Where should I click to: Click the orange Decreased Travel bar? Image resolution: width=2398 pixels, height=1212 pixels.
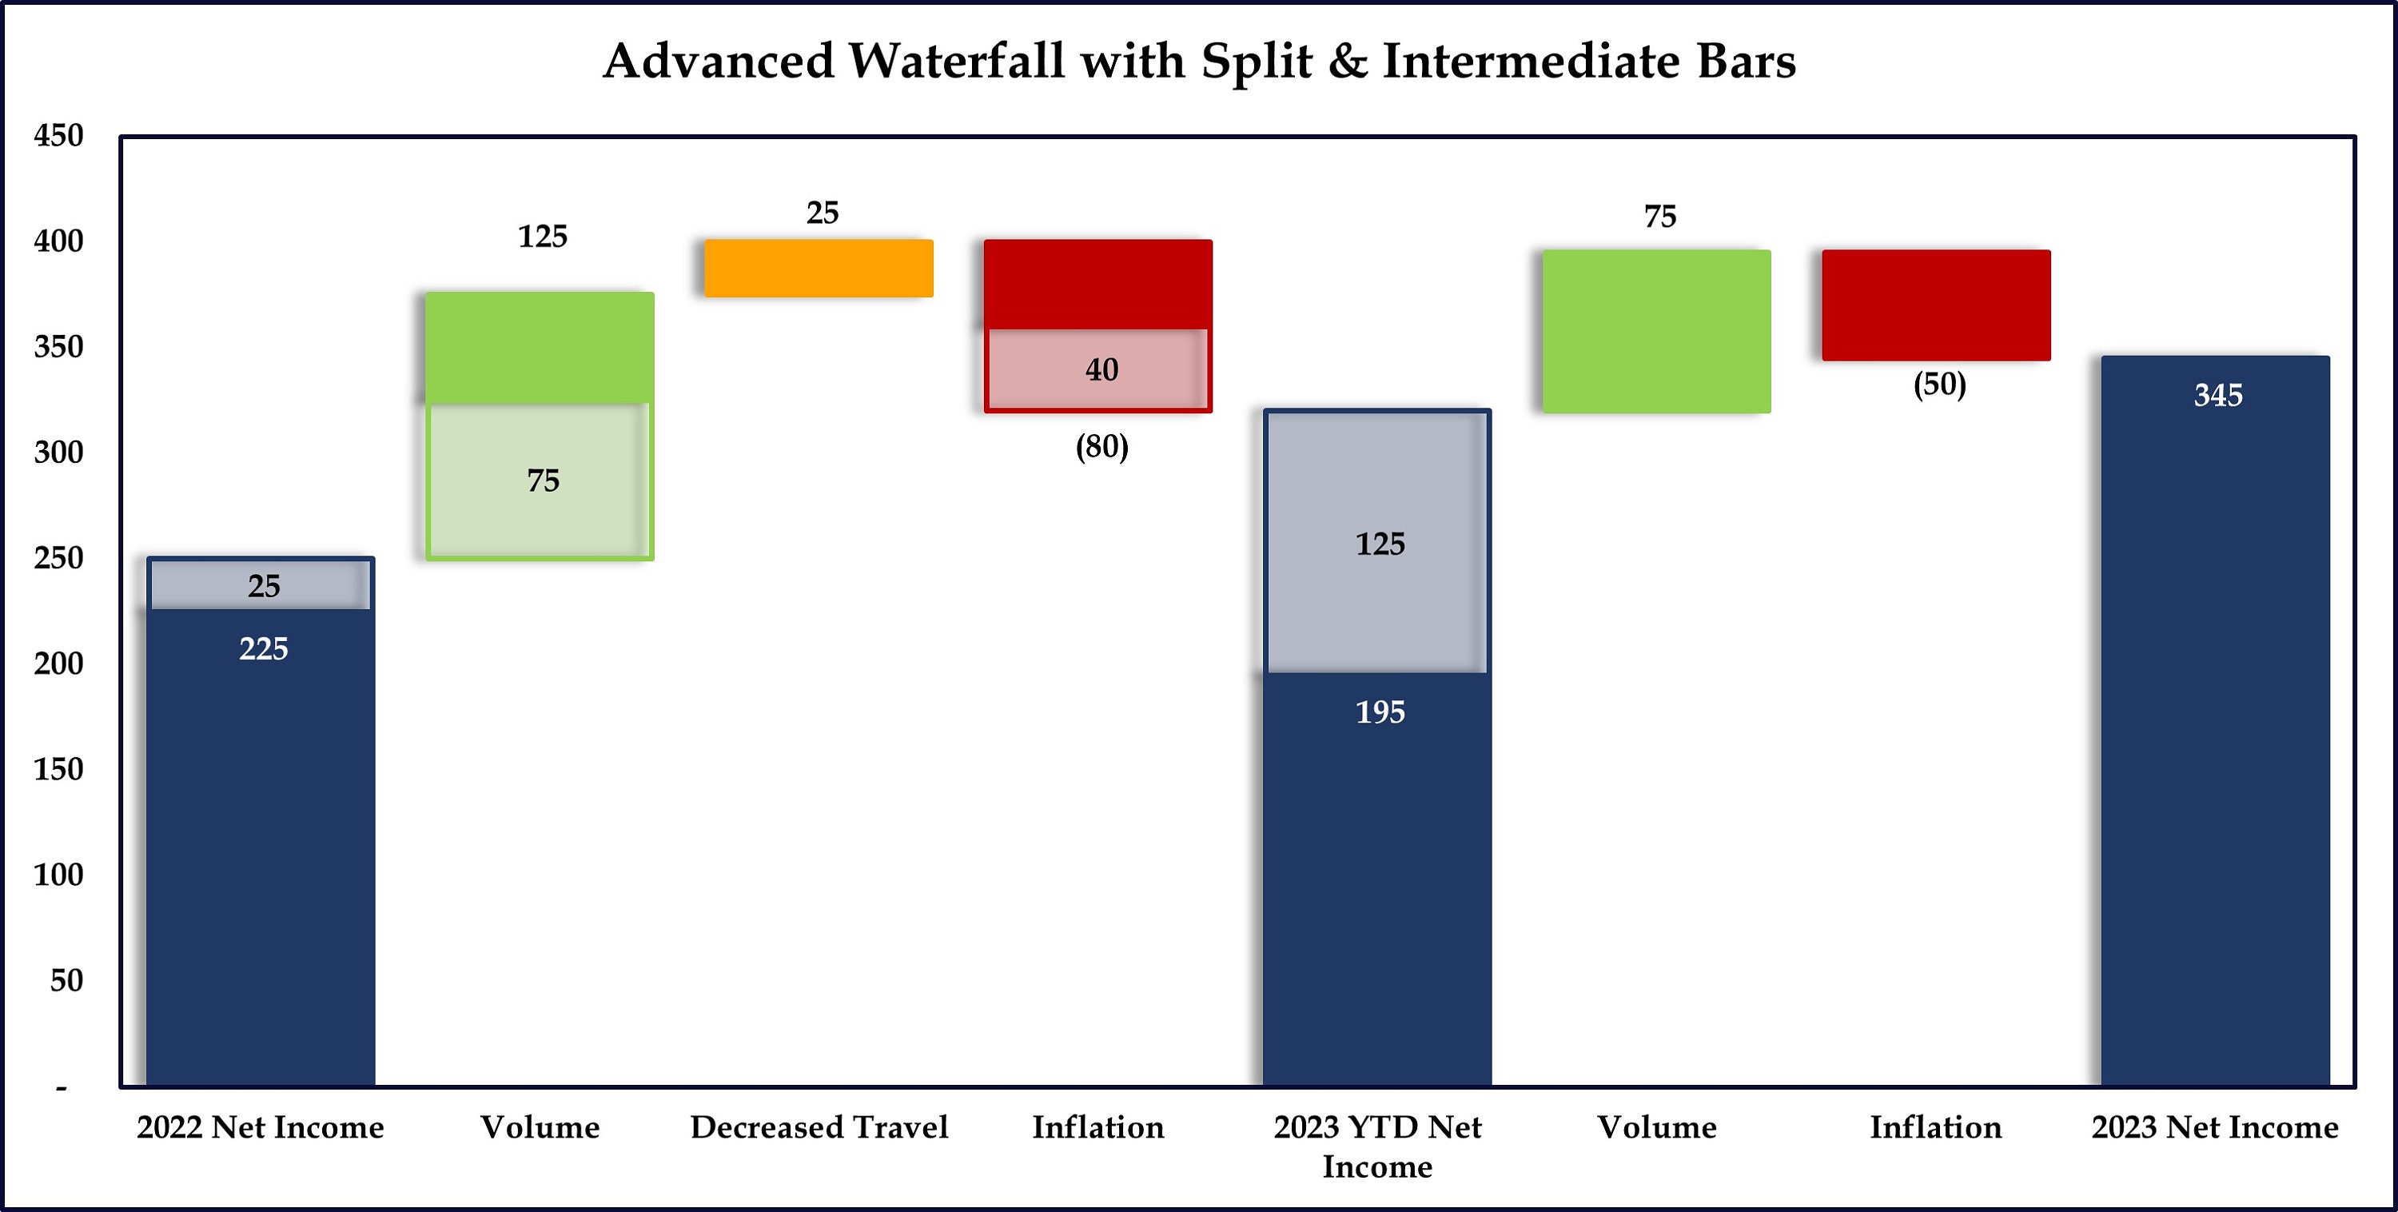pos(819,268)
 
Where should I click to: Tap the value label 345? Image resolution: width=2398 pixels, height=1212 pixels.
pos(2217,396)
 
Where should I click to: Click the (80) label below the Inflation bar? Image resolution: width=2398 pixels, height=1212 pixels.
pos(1101,447)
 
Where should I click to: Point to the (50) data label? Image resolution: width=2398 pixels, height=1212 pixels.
pos(1939,385)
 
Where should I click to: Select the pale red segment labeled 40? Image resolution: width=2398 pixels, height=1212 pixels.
pos(1098,369)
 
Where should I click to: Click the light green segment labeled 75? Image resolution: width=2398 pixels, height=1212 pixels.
pos(539,480)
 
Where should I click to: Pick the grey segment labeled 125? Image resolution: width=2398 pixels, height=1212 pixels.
pos(1378,544)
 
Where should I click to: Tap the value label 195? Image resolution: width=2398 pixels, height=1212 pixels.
pos(1380,712)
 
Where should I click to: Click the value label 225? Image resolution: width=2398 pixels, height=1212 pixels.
pos(264,649)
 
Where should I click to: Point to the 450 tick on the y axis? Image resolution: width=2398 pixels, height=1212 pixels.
pos(58,136)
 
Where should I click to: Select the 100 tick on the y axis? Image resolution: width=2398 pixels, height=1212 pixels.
pos(58,875)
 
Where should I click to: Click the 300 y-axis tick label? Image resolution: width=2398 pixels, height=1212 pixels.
pos(58,453)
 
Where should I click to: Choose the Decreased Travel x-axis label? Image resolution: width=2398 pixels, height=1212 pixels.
pos(819,1127)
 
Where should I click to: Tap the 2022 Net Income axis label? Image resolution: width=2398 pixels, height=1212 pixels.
pos(260,1127)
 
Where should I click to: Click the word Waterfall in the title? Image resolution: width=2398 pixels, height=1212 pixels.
pos(956,62)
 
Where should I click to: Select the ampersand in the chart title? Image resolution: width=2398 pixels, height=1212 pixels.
pos(1347,62)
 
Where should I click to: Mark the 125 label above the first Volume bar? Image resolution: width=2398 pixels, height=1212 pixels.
pos(542,237)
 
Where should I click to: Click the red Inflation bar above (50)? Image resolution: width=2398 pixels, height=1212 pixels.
pos(1935,305)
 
